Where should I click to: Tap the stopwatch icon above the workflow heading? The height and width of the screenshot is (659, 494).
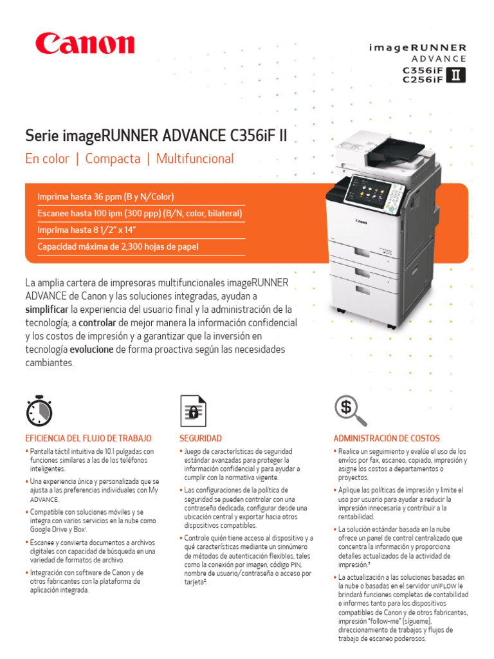tap(39, 409)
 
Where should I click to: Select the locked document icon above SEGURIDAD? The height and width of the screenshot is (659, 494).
tap(193, 410)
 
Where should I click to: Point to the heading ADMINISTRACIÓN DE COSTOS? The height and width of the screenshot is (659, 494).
tap(387, 438)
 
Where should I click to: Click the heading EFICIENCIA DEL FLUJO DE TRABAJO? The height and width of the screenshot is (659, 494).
tap(88, 438)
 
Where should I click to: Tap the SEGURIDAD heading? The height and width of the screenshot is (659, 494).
tap(200, 438)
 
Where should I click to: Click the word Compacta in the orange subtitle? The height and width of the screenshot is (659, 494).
tap(113, 159)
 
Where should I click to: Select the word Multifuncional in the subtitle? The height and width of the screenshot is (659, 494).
tap(195, 159)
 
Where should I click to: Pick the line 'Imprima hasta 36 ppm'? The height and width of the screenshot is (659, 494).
tap(106, 196)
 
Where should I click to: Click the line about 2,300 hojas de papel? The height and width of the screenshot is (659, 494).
tap(118, 246)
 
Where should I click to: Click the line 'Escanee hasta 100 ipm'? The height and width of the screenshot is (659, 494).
tap(140, 213)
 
